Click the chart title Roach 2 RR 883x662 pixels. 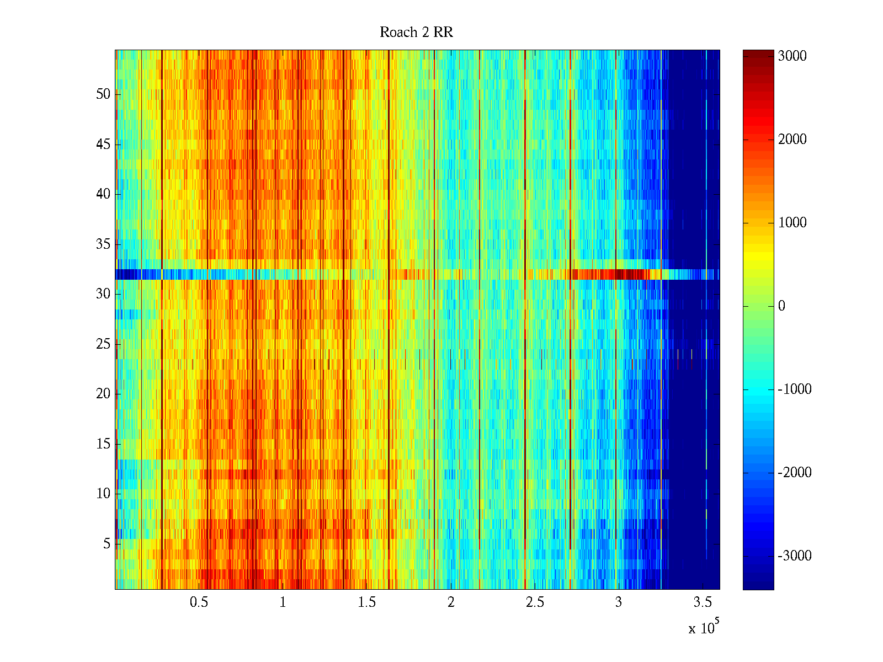tap(416, 33)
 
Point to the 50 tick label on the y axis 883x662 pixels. tap(103, 94)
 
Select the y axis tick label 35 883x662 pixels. tap(103, 244)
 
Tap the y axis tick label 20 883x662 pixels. tap(103, 394)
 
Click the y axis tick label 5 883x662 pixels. tap(107, 544)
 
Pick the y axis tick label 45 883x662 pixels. tap(103, 145)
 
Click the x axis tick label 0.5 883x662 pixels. tap(199, 602)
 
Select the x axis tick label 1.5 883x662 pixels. tap(366, 602)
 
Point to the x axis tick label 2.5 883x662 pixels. tap(534, 602)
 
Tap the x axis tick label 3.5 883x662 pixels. tap(703, 602)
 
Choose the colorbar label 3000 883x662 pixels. tap(792, 56)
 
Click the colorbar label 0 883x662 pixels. tap(781, 306)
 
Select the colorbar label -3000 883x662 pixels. tap(794, 556)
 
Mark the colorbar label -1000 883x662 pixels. tap(794, 389)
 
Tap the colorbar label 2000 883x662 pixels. tap(792, 140)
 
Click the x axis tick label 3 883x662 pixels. tap(618, 602)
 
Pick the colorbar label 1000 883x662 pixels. tap(792, 223)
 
